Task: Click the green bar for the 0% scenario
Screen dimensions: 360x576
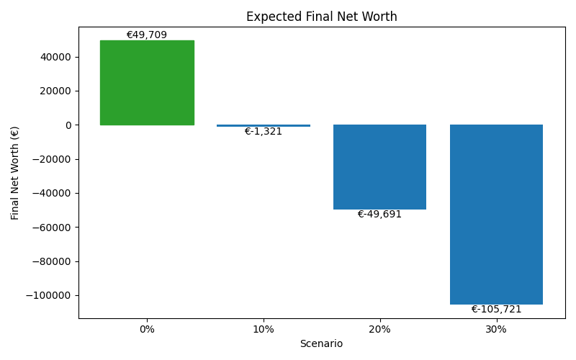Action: coord(147,83)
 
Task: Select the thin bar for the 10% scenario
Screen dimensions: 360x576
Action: coord(264,126)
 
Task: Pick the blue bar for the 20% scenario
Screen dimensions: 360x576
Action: coord(379,167)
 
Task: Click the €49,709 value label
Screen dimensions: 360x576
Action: coord(147,35)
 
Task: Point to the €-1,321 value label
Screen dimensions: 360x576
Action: coord(264,132)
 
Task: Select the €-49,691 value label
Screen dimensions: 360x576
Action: coord(379,215)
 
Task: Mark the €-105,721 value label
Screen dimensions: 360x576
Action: coord(496,310)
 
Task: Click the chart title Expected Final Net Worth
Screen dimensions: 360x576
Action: coord(321,17)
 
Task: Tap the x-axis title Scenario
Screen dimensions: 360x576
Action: coord(321,344)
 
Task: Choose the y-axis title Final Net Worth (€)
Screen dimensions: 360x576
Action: coord(15,173)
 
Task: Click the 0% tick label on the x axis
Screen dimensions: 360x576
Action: coord(147,329)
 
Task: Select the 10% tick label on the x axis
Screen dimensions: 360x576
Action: coord(264,329)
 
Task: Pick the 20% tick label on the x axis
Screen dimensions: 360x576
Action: coord(379,329)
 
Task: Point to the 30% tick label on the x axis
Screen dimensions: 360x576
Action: coord(496,329)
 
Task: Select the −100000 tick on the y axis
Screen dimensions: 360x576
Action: coord(50,295)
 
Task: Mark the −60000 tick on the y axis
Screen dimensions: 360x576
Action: coord(53,228)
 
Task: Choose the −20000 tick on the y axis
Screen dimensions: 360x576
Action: coord(53,159)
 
